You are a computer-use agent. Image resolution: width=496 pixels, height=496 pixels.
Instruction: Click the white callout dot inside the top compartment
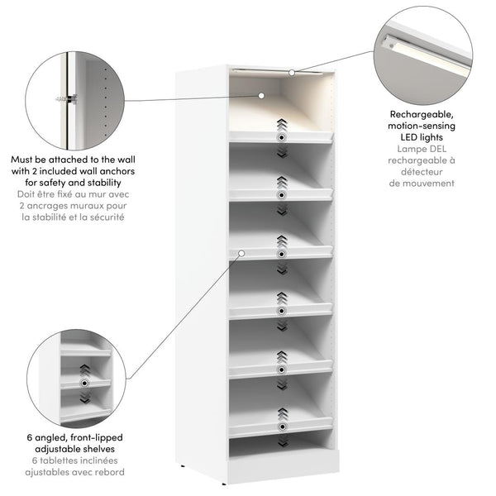coord(261,96)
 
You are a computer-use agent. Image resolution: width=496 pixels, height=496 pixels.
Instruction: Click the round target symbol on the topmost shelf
coord(282,137)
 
